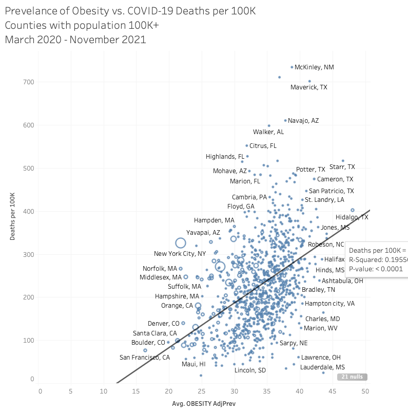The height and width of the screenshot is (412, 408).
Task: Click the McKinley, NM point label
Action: click(314, 67)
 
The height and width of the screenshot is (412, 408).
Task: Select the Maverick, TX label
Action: click(308, 87)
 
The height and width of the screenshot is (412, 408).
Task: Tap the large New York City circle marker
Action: click(180, 243)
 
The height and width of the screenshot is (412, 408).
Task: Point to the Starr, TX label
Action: click(342, 167)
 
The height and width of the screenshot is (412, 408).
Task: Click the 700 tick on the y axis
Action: click(28, 82)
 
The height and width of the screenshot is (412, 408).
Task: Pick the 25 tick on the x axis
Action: click(105, 391)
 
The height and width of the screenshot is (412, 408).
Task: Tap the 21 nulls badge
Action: click(352, 377)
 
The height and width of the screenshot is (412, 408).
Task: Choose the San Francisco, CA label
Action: click(145, 358)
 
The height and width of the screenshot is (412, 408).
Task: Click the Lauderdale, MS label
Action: click(322, 367)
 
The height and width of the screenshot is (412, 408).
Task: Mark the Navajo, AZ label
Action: click(303, 121)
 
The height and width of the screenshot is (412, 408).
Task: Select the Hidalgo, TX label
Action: click(352, 217)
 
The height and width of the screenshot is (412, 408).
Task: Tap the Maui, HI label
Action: click(193, 364)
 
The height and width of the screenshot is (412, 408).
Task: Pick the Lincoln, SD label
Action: click(250, 370)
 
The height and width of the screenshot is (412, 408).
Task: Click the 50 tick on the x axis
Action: click(365, 391)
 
